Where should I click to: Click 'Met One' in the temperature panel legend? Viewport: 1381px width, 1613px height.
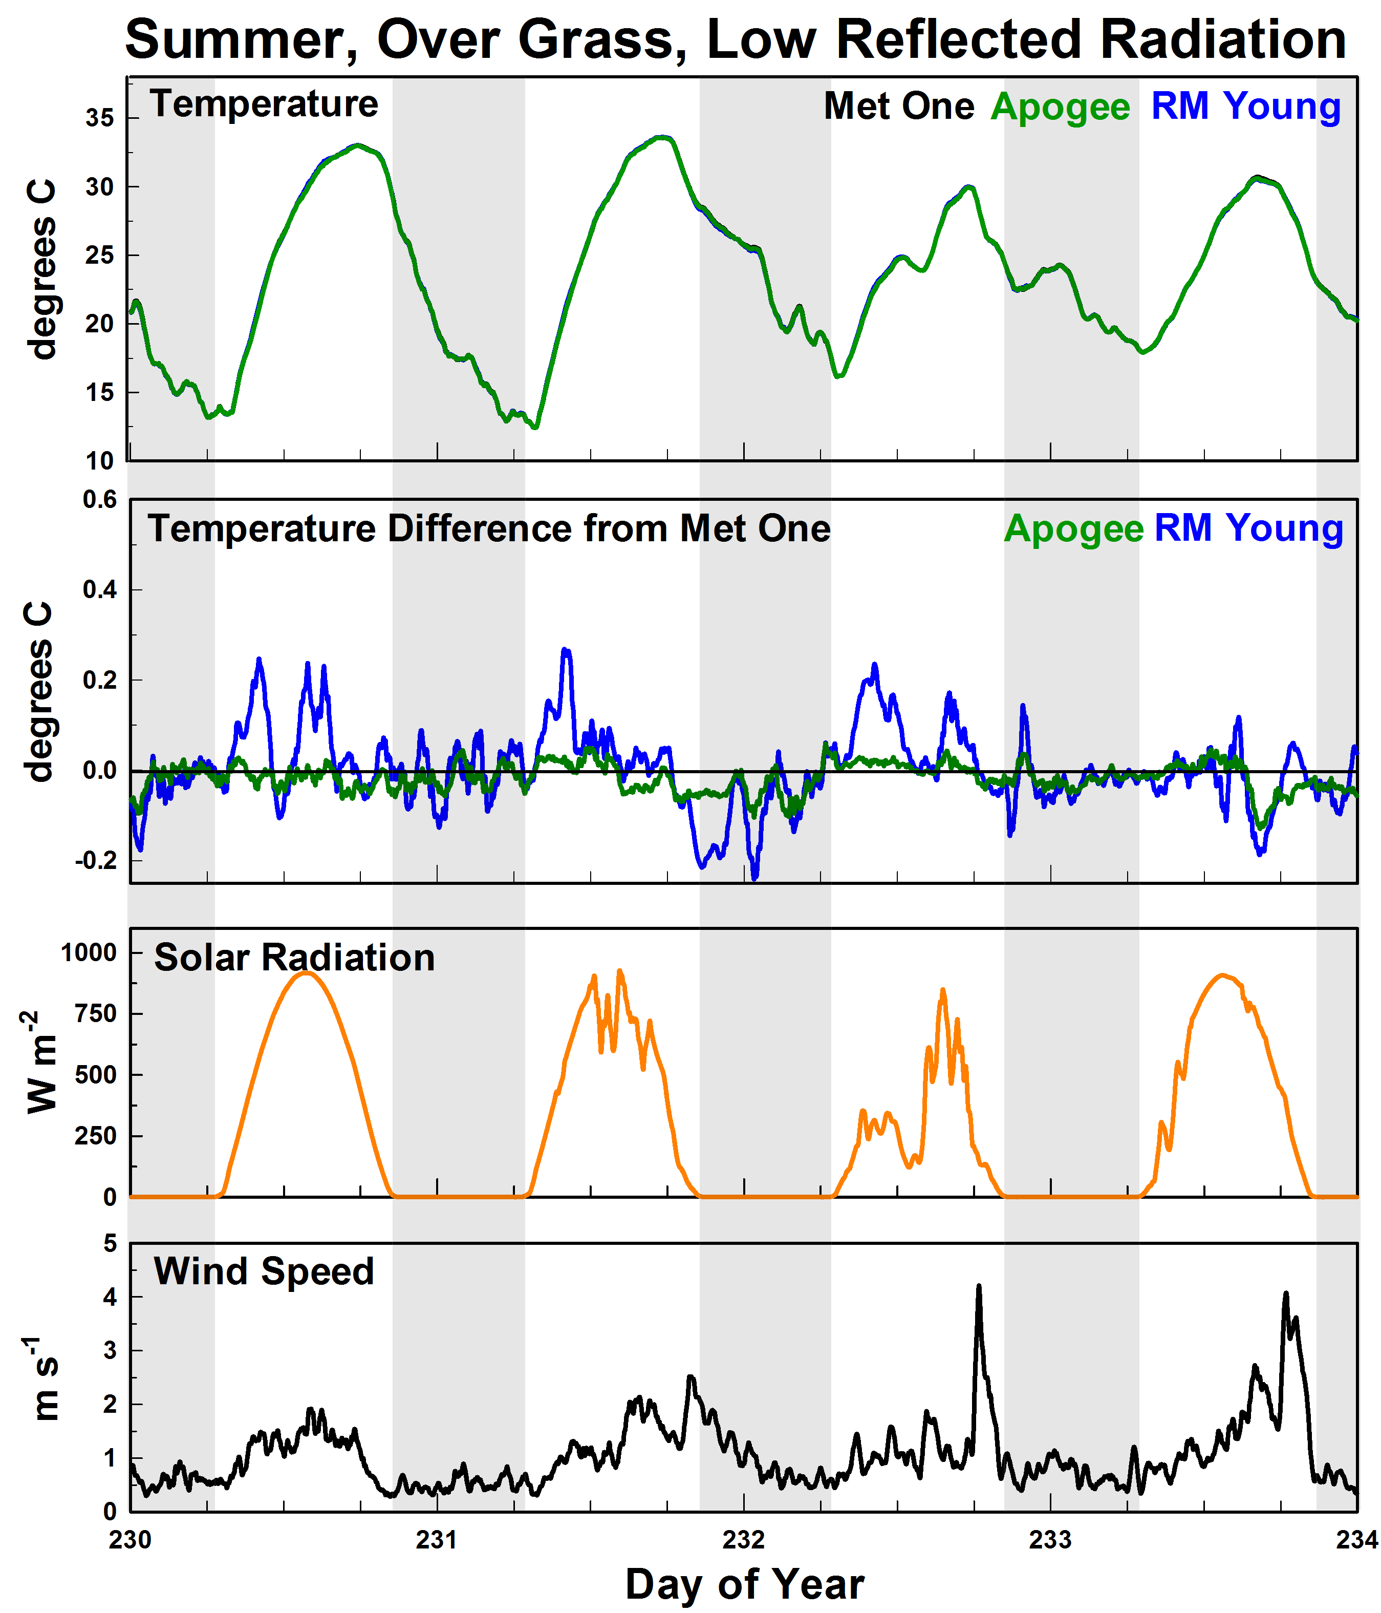(899, 106)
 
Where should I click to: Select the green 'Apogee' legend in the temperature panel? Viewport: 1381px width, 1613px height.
(1060, 107)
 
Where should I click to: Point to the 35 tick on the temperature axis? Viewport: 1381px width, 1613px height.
(100, 118)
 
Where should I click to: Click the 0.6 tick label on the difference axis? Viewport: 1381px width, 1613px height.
(100, 499)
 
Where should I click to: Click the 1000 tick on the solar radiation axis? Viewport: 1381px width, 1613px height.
(89, 952)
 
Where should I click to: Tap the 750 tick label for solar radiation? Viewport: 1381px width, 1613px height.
(95, 1013)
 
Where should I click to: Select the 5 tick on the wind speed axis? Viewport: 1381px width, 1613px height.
(110, 1243)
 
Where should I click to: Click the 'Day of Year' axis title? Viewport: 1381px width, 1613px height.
(745, 1584)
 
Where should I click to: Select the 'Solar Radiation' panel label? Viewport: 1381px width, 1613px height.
(294, 958)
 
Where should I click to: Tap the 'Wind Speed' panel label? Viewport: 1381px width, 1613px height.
(264, 1271)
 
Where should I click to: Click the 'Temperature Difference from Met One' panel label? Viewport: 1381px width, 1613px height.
(489, 528)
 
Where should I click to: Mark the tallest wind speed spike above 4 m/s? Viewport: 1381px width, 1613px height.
(979, 1287)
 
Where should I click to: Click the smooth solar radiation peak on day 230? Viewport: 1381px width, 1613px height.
(305, 973)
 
